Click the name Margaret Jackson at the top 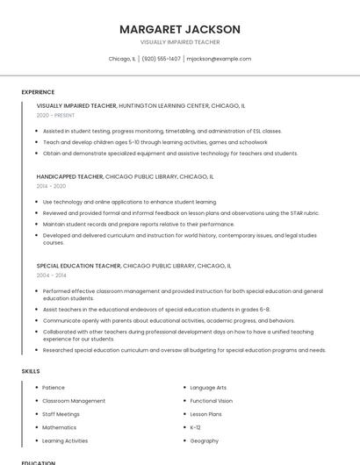[179, 29]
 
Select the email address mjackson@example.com [219, 59]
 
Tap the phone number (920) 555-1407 [161, 59]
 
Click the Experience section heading [38, 92]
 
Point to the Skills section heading [31, 371]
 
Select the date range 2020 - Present [55, 115]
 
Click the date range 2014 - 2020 [51, 186]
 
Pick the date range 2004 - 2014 [51, 275]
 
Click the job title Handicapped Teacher [69, 176]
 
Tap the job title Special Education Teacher [79, 265]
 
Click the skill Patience [54, 387]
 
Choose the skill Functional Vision [211, 401]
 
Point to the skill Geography [204, 440]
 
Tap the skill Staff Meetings [61, 414]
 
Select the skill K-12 [195, 427]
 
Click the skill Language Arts [208, 387]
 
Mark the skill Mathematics [60, 427]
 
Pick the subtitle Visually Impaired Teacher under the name [179, 42]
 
